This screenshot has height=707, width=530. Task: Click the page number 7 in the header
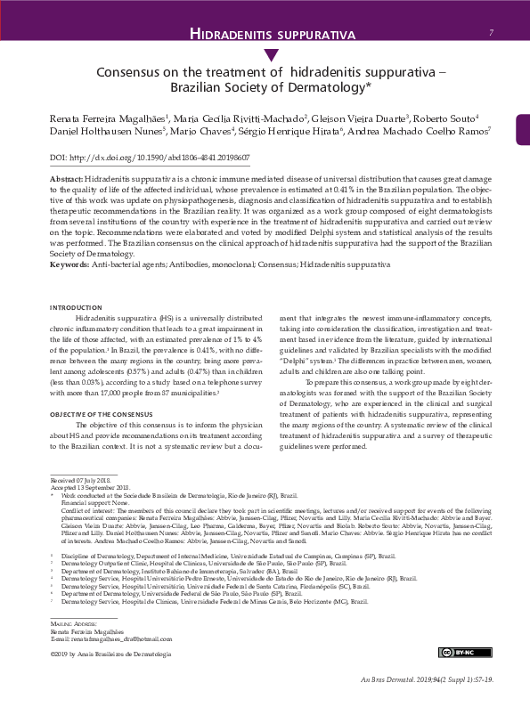pyautogui.click(x=492, y=34)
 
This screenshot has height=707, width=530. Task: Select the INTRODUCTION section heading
pyautogui.click(x=77, y=307)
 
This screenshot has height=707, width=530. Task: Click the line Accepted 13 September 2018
pyautogui.click(x=91, y=487)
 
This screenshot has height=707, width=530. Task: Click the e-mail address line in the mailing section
pyautogui.click(x=110, y=638)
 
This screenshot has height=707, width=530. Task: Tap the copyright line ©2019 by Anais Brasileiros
pyautogui.click(x=111, y=654)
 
